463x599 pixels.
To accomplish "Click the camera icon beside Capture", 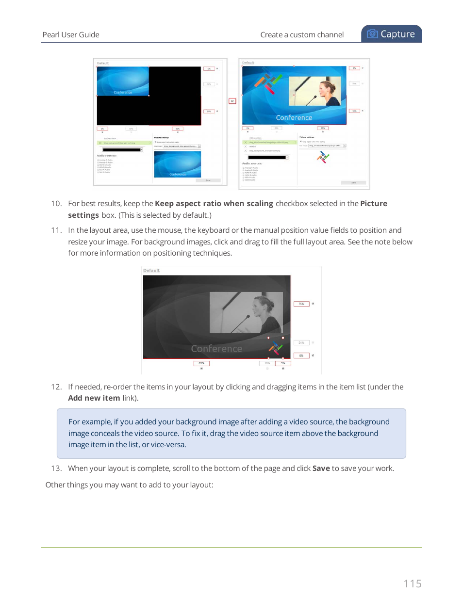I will click(372, 34).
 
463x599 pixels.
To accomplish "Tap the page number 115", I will click(412, 583).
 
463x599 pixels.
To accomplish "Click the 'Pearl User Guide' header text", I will click(71, 35).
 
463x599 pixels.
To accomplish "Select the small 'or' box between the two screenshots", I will click(232, 101).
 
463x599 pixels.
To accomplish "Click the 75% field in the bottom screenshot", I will click(301, 304).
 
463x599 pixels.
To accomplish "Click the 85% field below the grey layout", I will click(201, 363).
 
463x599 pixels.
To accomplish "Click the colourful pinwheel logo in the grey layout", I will click(276, 348).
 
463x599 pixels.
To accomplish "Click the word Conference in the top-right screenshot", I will click(294, 118).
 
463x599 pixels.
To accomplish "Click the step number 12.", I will click(56, 387).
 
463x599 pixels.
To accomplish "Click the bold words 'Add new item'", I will click(94, 398).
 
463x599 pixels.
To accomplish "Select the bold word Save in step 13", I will click(321, 469).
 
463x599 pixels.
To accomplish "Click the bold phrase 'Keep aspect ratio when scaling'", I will click(214, 204).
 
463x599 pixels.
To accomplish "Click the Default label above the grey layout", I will click(151, 271).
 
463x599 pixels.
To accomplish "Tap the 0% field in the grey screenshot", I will click(301, 356).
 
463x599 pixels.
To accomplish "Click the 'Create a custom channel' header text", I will click(301, 35).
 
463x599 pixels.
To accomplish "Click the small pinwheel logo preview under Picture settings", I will click(323, 157).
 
